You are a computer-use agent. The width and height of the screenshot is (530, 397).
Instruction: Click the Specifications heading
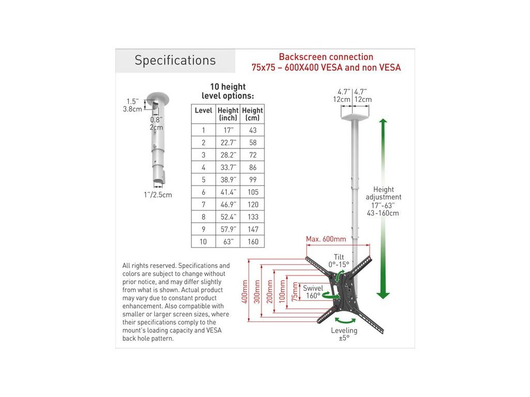[x=175, y=60]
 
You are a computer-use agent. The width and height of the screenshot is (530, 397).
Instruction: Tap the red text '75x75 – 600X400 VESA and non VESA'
[x=326, y=68]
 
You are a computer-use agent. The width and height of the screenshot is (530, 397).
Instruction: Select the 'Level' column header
[x=203, y=111]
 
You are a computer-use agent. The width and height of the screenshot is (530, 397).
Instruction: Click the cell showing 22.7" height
[x=228, y=143]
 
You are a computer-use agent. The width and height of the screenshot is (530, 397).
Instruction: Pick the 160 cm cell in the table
[x=253, y=241]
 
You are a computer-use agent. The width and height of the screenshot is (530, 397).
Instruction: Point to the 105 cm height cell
[x=253, y=192]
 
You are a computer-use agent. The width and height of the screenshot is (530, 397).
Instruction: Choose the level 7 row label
[x=203, y=204]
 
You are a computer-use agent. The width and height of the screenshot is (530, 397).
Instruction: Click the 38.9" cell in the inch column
[x=228, y=179]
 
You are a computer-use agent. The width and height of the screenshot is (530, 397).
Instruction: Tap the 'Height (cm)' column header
[x=253, y=114]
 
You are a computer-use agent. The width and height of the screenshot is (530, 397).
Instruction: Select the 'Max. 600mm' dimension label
[x=326, y=239]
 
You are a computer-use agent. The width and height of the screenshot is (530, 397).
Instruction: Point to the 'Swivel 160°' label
[x=313, y=292]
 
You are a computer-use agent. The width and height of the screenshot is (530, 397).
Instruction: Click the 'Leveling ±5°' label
[x=344, y=334]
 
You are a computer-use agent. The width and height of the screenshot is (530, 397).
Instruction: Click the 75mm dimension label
[x=295, y=293]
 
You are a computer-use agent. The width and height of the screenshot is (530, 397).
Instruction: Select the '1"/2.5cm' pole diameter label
[x=158, y=195]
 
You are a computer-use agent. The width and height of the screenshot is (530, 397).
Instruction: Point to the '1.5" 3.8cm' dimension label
[x=132, y=105]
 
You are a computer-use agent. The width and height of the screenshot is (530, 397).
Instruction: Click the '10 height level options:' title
[x=228, y=91]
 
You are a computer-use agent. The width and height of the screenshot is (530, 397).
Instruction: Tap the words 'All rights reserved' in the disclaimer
[x=147, y=265]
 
